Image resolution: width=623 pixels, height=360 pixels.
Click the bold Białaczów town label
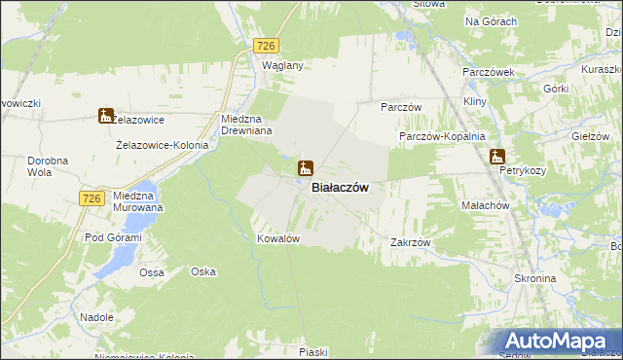pos(339,189)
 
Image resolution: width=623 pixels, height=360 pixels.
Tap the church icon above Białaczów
pos(305,168)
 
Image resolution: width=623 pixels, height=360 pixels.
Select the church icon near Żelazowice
pos(105,117)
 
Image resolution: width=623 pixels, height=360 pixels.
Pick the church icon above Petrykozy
pos(497,156)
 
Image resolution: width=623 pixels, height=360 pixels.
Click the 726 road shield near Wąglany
pos(266,46)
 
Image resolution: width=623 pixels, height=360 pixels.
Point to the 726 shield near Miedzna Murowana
pos(92,198)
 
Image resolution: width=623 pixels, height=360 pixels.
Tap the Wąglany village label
pos(284,66)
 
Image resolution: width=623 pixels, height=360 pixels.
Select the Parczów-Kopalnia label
pos(442,137)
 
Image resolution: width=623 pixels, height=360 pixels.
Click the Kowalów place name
pos(276,238)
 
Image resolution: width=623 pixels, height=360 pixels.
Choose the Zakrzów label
pos(410,242)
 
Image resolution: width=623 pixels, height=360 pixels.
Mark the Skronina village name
pos(533,278)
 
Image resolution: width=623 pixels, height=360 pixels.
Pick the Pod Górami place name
pos(113,238)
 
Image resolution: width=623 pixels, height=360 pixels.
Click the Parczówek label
pos(488,73)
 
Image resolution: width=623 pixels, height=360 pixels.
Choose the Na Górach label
pos(491,21)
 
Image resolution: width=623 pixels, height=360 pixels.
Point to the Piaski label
pos(312,352)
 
